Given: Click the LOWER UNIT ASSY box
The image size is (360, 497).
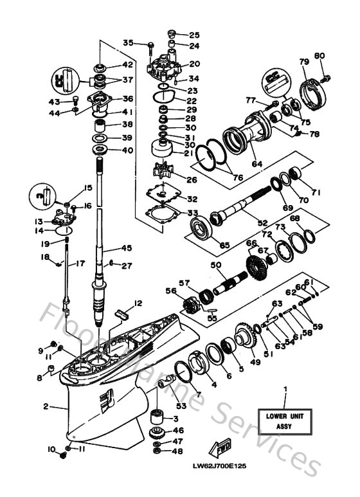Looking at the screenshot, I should click(x=285, y=420).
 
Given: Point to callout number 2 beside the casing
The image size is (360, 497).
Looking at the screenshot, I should click(x=46, y=406).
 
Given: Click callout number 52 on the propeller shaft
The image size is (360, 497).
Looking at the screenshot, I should click(x=262, y=222).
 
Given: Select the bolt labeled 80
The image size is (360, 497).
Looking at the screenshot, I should click(x=325, y=78).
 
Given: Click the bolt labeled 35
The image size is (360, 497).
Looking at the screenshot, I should click(x=150, y=46).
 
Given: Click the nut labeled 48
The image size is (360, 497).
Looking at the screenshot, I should click(x=157, y=453).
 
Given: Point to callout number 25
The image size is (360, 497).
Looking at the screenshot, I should click(x=194, y=35).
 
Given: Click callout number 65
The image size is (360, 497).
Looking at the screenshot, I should click(x=224, y=245).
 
